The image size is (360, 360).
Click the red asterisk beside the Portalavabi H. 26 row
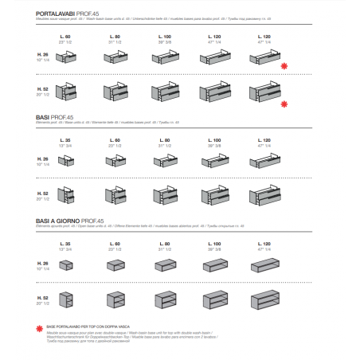click(284, 65)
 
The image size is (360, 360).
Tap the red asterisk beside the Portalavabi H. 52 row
click(284, 104)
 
